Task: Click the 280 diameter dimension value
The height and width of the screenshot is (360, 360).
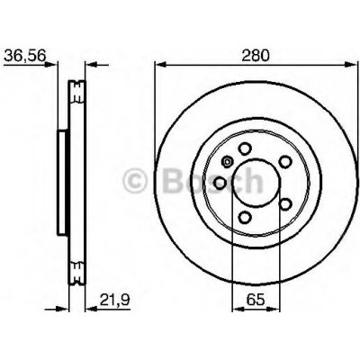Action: click(256, 55)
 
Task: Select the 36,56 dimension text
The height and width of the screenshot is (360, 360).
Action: click(25, 55)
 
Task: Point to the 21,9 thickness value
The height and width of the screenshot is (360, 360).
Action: click(114, 299)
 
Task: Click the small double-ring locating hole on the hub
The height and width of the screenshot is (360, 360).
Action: click(227, 162)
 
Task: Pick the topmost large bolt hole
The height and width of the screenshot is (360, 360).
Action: click(245, 148)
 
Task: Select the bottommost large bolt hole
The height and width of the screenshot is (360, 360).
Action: click(245, 217)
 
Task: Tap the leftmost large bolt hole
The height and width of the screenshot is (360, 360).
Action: click(220, 183)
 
